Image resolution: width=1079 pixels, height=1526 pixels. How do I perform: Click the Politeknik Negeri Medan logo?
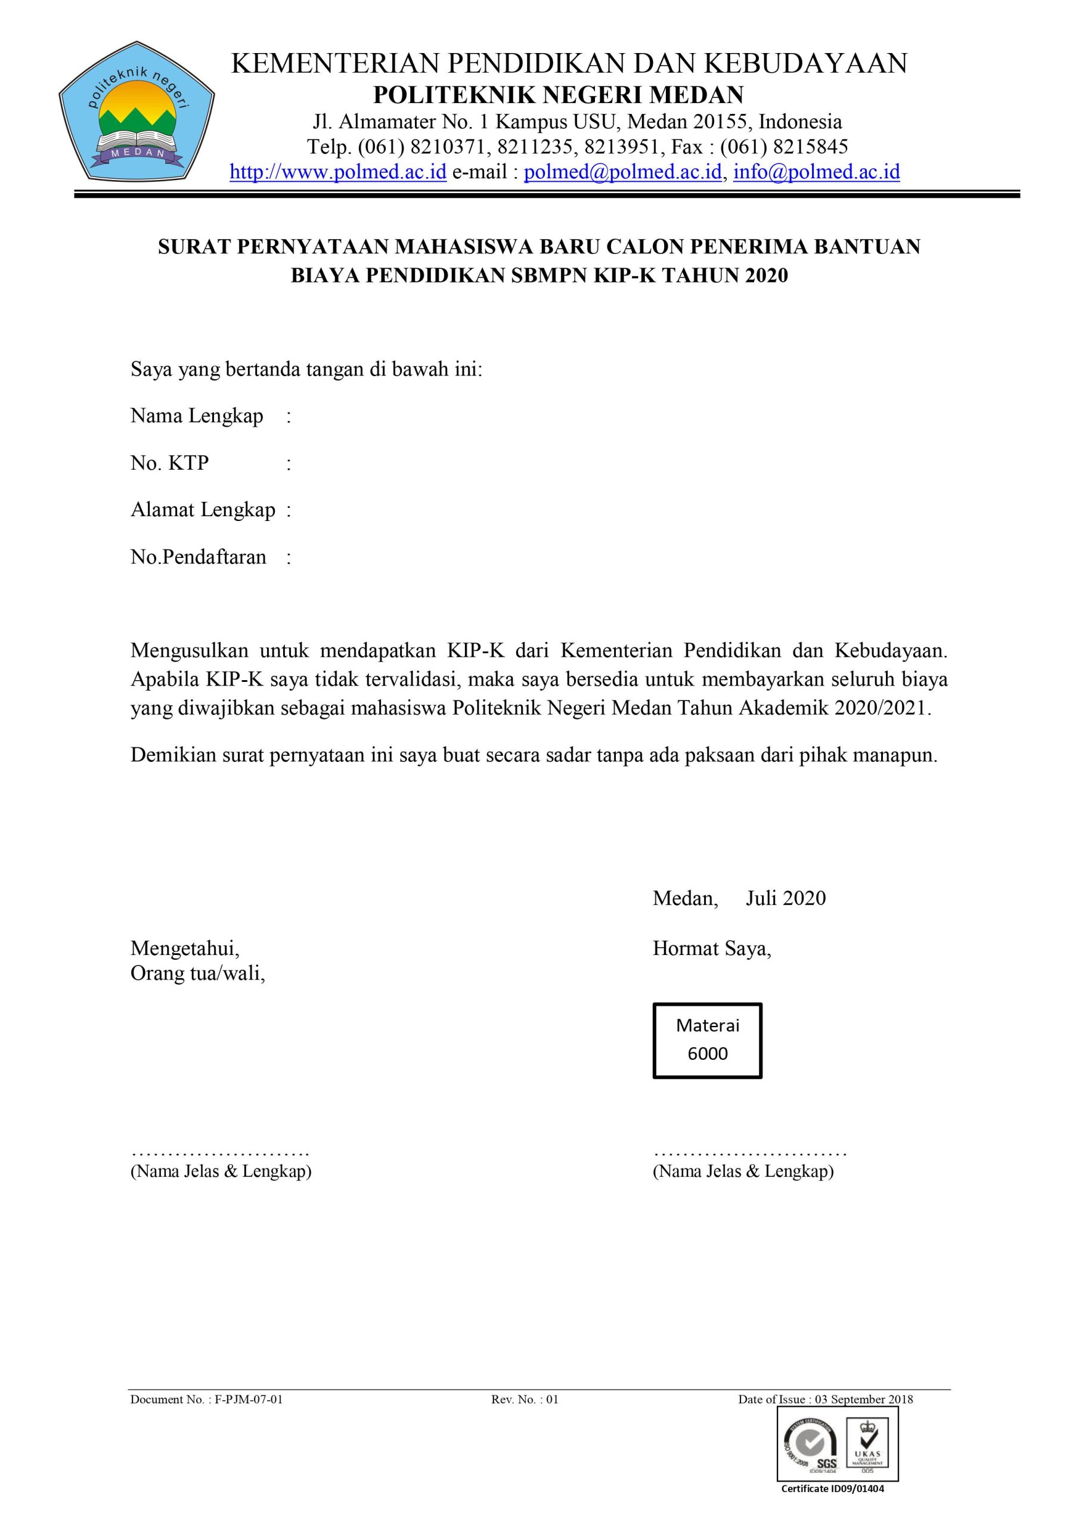point(137,111)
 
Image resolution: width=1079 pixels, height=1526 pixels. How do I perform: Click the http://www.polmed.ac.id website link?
point(338,172)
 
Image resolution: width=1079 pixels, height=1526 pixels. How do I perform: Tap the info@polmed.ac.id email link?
point(816,172)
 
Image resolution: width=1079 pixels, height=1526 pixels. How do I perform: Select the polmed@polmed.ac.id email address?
point(622,172)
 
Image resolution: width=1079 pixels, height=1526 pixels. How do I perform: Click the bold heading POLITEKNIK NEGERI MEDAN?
point(558,95)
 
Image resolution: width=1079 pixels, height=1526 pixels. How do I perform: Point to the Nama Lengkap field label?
point(197,416)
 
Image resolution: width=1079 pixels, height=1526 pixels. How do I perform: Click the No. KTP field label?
point(169,463)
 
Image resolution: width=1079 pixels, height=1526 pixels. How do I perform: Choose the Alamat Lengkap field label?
point(203,510)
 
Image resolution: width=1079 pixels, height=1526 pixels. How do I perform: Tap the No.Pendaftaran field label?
point(198,557)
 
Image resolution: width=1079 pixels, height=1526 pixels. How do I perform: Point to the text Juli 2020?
point(785,898)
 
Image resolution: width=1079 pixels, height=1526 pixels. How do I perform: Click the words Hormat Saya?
point(711,948)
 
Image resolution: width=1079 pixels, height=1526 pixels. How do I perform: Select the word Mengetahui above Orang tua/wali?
point(185,948)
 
